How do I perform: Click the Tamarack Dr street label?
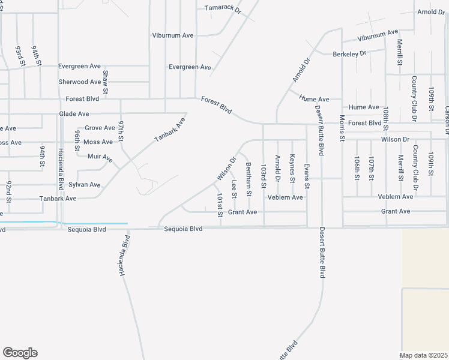222,10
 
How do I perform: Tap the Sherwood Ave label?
79,82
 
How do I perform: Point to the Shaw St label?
105,82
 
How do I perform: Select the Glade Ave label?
74,113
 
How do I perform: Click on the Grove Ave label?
100,128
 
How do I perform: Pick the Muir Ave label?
100,158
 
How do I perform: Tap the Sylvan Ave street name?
85,184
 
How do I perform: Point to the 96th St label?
77,140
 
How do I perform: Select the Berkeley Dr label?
349,54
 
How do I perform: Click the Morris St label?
342,128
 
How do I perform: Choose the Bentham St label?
249,174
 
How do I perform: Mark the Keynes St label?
292,169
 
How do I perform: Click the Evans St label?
306,176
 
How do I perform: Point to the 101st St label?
220,205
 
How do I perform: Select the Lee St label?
234,188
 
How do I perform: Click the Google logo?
20,353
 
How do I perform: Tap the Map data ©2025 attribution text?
423,355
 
